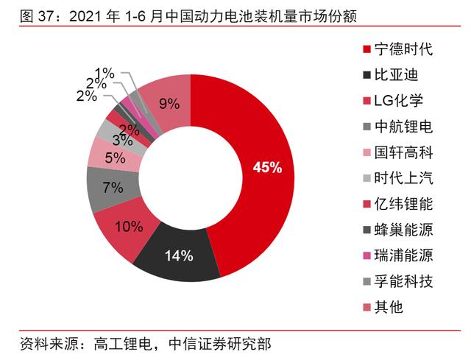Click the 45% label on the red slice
[267, 168]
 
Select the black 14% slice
[179, 257]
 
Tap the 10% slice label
[128, 226]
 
